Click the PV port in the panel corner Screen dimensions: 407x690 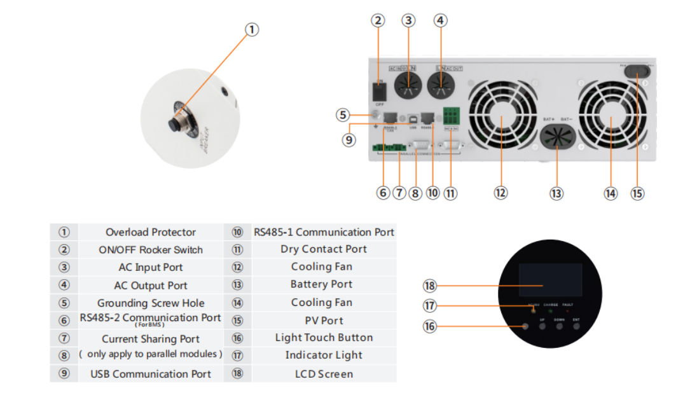coord(638,72)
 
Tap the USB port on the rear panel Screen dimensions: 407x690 coord(413,118)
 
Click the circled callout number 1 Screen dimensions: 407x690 coord(252,30)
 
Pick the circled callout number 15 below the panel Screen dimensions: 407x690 coord(637,193)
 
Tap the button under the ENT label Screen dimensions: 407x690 coord(576,326)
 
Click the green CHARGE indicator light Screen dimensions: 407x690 coord(551,311)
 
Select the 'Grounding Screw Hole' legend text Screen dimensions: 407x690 coord(151,303)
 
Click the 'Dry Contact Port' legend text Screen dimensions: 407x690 coord(324,249)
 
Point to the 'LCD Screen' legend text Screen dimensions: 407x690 coord(324,374)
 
